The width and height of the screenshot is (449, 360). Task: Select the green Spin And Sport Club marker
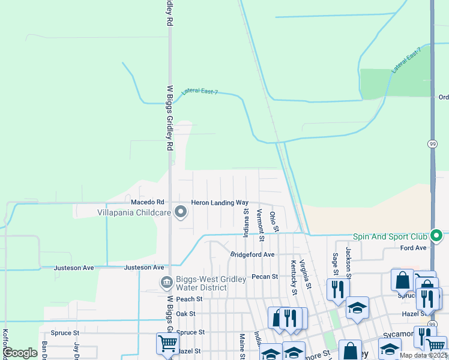438,236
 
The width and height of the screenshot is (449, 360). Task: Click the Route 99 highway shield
432,144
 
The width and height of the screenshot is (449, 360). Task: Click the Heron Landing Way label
219,203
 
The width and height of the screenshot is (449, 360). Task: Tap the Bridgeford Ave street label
252,254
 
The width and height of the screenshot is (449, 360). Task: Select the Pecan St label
265,277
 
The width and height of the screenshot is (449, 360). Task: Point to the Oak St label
185,313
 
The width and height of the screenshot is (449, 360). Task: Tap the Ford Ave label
413,248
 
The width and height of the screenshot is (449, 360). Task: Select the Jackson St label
348,259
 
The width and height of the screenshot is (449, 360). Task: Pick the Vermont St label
261,225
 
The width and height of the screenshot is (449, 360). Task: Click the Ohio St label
274,221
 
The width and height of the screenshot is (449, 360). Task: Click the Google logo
20,353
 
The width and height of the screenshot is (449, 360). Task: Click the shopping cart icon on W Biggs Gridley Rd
167,343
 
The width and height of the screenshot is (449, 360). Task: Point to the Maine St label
243,347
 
